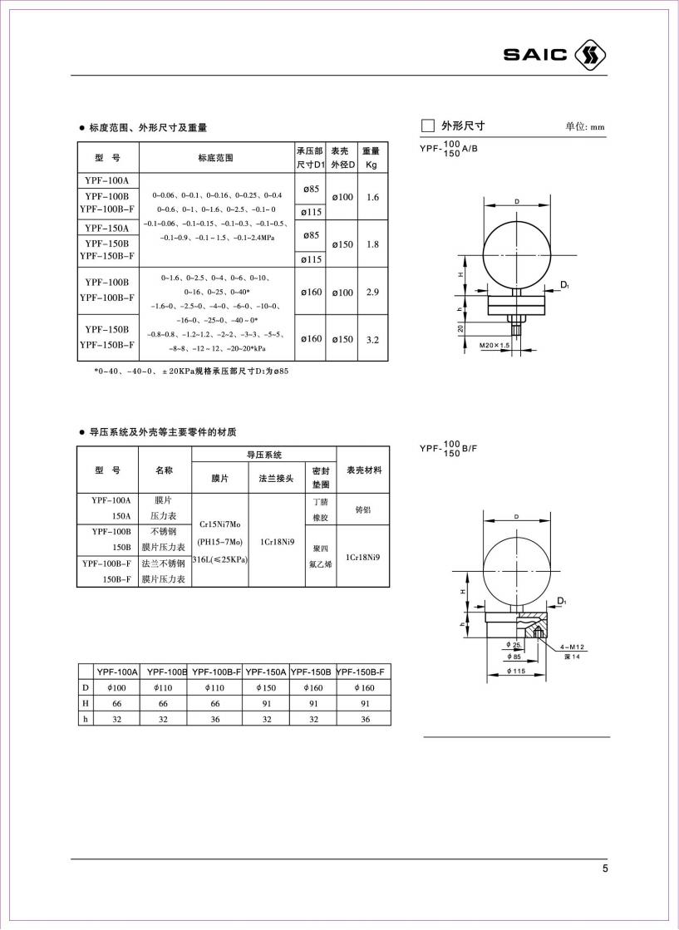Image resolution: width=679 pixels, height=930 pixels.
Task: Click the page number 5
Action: [x=605, y=868]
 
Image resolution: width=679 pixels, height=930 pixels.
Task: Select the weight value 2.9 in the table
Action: [x=371, y=293]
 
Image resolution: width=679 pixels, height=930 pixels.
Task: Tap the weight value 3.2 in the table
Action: [x=371, y=339]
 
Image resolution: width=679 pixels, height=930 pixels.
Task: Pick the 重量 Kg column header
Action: [x=371, y=158]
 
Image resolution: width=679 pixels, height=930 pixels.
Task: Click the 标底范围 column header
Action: [x=216, y=157]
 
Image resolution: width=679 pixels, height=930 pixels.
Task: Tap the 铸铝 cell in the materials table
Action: [x=363, y=509]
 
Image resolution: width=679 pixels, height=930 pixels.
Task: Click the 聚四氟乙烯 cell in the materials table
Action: [x=321, y=556]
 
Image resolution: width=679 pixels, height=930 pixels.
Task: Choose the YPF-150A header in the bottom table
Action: [x=265, y=672]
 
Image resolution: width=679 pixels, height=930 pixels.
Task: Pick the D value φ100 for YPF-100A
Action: [x=116, y=687]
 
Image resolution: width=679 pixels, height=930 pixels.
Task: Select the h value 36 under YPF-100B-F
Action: [x=216, y=719]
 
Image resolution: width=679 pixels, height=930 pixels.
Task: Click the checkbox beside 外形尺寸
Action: [x=428, y=126]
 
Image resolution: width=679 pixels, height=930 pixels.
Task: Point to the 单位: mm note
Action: [x=585, y=127]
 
